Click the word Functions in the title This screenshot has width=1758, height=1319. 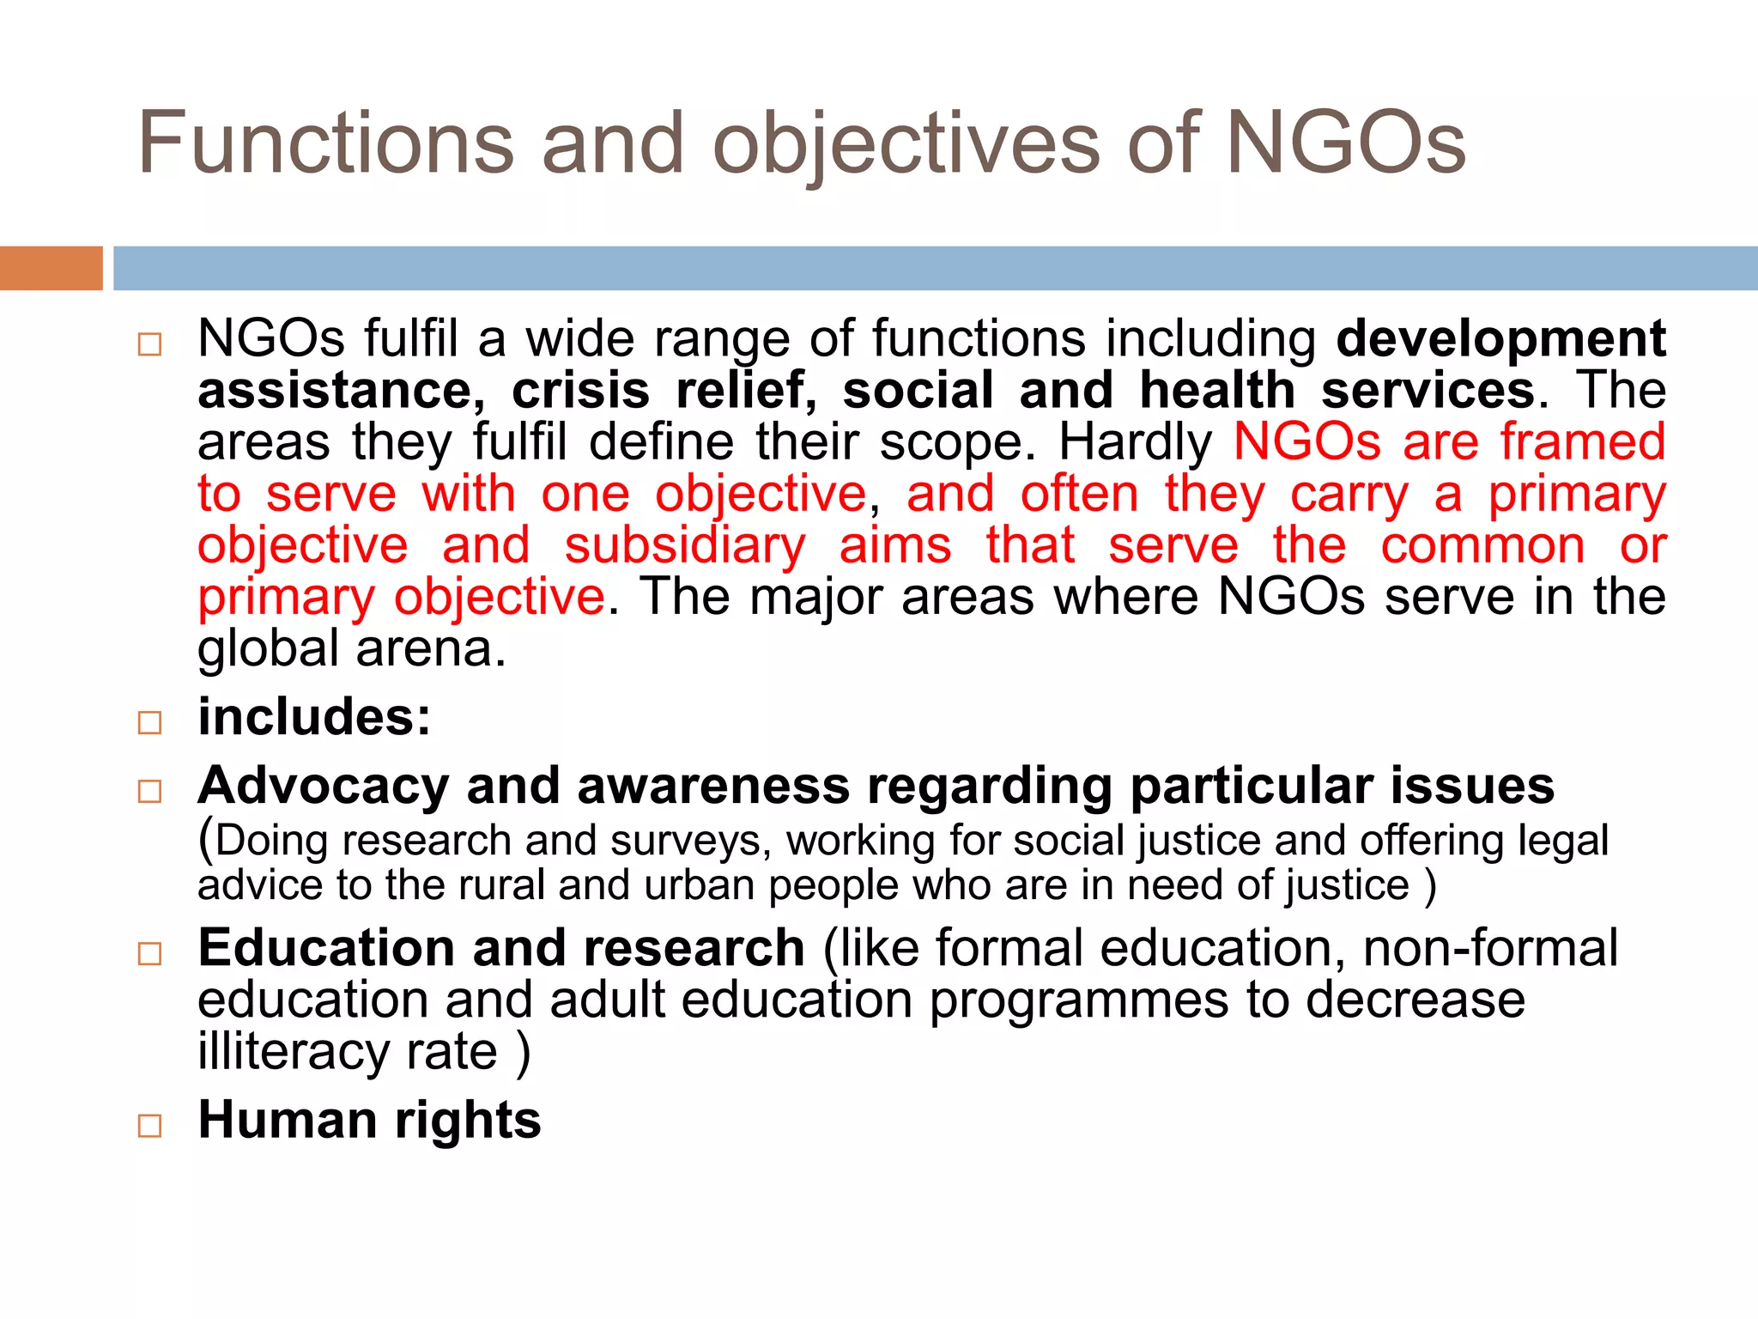326,143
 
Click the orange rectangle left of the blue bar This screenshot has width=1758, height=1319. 51,268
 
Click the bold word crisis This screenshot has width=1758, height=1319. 580,391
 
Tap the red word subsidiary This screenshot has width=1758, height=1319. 685,546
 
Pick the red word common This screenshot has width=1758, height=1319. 1482,546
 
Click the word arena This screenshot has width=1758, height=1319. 431,649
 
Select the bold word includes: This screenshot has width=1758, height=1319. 314,717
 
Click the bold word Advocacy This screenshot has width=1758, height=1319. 324,787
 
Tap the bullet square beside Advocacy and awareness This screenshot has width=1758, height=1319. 149,791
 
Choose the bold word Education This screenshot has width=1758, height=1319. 325,949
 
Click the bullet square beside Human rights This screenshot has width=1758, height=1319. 149,1125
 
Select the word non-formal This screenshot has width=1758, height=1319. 1489,949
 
